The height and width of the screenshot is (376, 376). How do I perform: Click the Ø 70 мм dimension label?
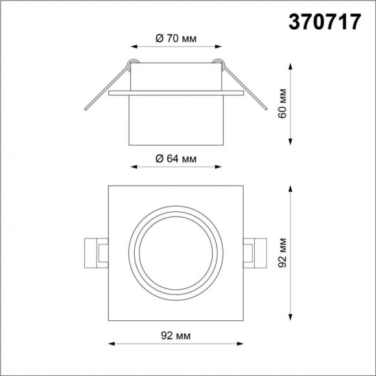(x=176, y=38)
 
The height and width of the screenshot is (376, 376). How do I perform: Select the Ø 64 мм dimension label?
(x=176, y=159)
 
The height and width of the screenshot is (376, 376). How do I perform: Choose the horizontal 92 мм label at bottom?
(x=176, y=335)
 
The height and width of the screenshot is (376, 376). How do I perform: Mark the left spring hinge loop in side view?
(x=132, y=64)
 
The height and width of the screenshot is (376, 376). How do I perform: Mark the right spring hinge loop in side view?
(x=221, y=64)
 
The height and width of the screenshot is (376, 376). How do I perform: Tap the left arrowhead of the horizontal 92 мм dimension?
(x=110, y=344)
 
